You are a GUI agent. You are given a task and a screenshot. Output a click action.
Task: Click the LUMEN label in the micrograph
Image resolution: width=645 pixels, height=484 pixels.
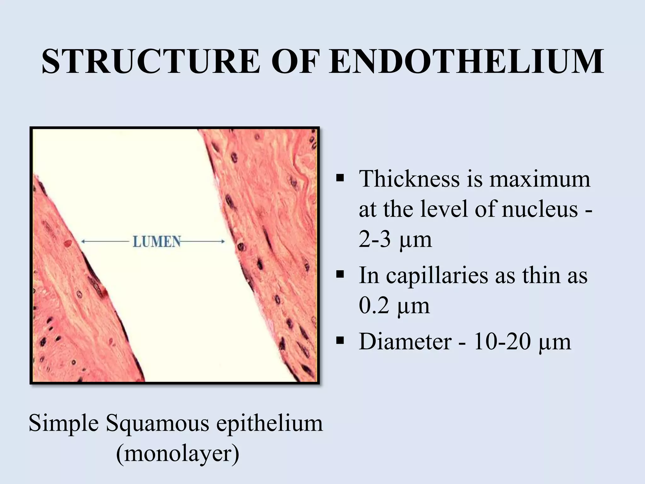(x=157, y=242)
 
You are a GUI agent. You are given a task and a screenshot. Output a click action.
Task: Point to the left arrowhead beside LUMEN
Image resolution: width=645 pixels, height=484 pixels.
(x=83, y=242)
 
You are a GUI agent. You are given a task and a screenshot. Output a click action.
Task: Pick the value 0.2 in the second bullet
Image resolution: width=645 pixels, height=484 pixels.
(x=374, y=306)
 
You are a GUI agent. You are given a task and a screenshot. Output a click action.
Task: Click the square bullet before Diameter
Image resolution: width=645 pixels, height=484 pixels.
(x=340, y=341)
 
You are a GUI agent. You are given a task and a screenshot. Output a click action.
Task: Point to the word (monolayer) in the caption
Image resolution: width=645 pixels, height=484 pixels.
(x=178, y=454)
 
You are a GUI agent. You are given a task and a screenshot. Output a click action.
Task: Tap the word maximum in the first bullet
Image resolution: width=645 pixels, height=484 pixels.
(x=539, y=179)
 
